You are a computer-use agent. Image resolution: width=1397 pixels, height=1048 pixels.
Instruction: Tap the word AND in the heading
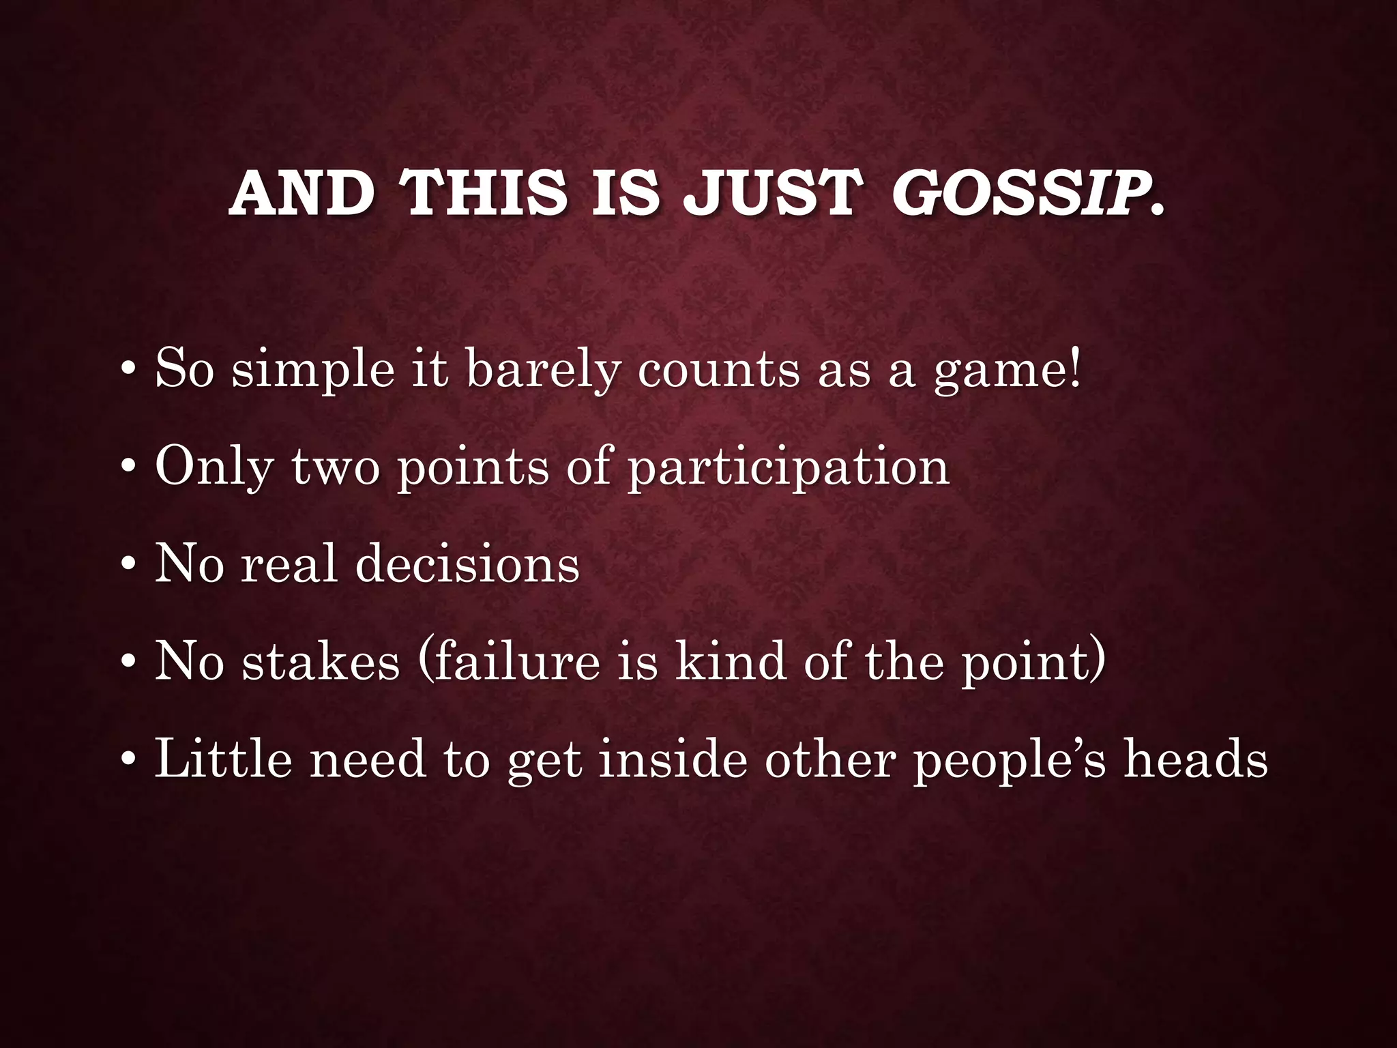pyautogui.click(x=302, y=194)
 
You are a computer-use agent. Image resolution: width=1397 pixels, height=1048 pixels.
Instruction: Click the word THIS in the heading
pyautogui.click(x=486, y=194)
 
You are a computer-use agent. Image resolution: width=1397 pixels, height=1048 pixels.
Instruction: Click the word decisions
pyautogui.click(x=467, y=565)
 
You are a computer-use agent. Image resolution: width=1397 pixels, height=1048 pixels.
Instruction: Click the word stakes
pyautogui.click(x=321, y=662)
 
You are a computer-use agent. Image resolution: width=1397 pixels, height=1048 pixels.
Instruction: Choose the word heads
pyautogui.click(x=1196, y=759)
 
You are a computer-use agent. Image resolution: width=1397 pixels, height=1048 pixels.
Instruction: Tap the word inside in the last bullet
pyautogui.click(x=675, y=759)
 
